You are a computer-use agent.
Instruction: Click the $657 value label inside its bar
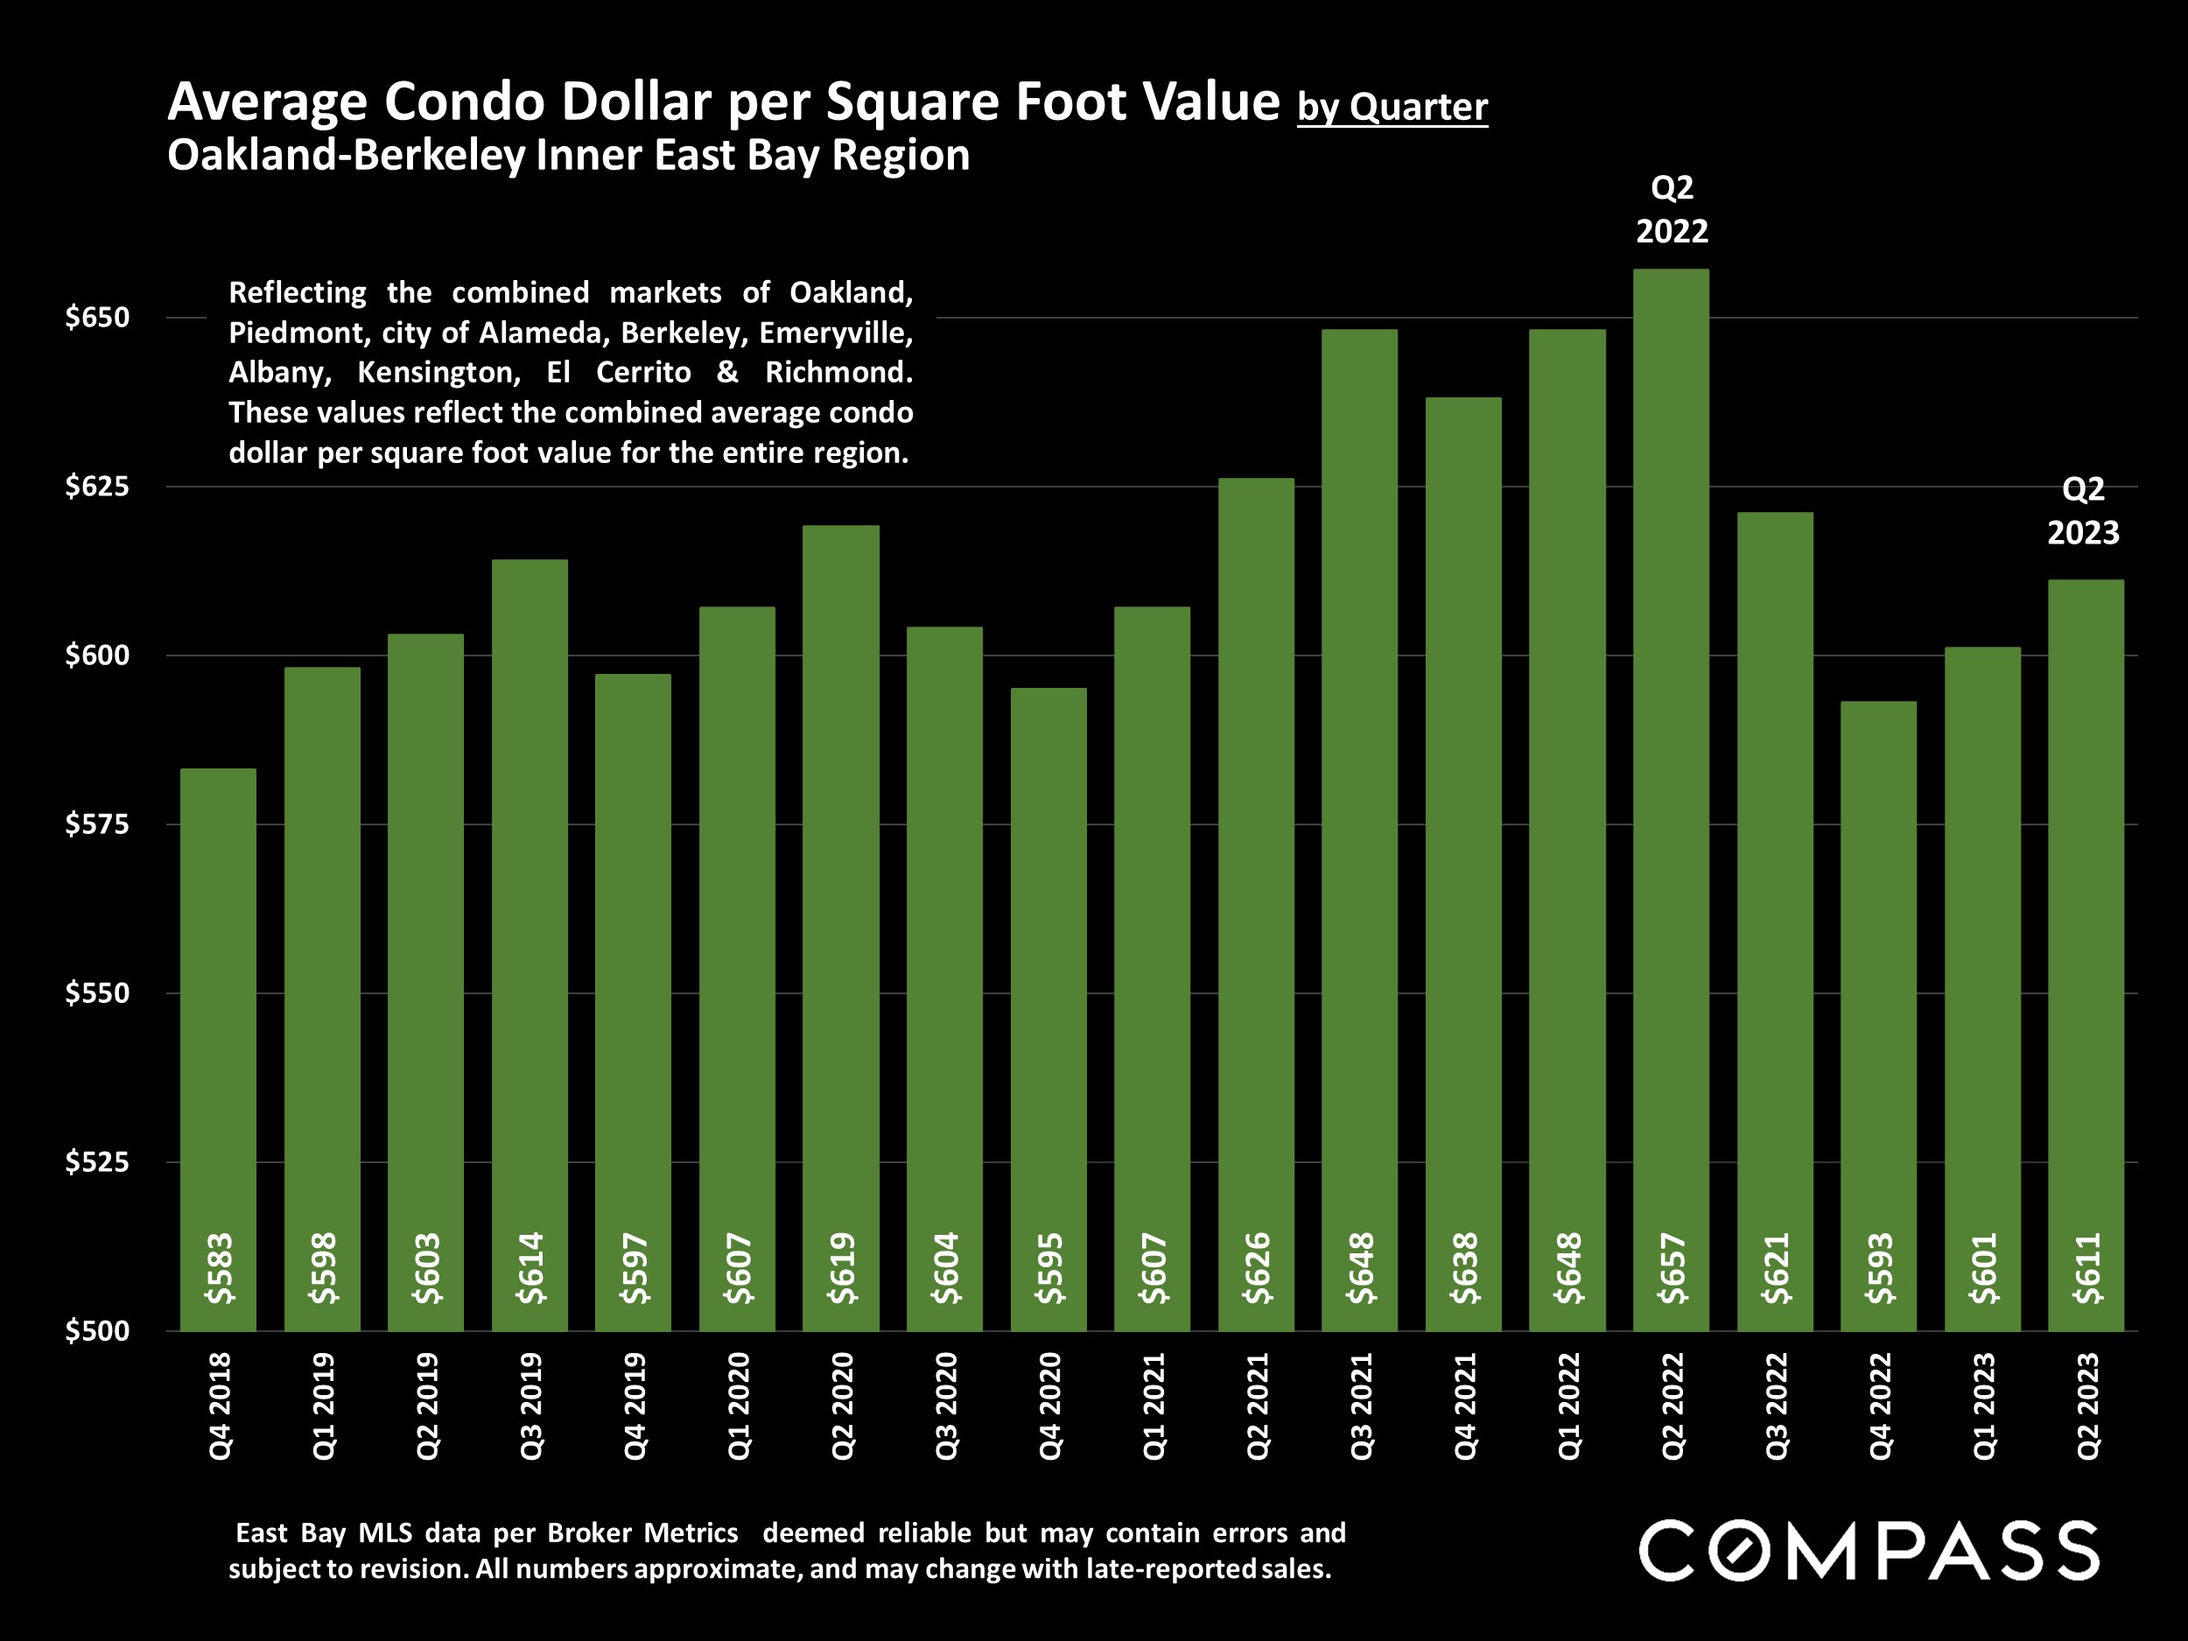coord(1672,1268)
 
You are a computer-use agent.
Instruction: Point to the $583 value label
coord(219,1268)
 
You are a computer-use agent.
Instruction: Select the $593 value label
coord(1879,1268)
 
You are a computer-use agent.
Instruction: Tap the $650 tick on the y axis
coord(97,318)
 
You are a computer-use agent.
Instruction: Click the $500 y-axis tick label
coord(97,1330)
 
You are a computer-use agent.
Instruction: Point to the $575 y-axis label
coord(97,824)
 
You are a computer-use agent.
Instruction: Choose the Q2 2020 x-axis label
coord(842,1406)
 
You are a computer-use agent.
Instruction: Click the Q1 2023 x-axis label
coord(1983,1406)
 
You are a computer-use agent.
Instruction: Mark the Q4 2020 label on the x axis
coord(1049,1406)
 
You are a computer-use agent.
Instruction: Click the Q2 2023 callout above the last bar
coord(2082,510)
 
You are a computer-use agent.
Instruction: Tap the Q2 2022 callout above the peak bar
coord(1672,208)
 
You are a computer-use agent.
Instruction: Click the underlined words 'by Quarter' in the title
coord(1392,107)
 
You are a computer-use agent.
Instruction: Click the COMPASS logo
coord(1869,1550)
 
